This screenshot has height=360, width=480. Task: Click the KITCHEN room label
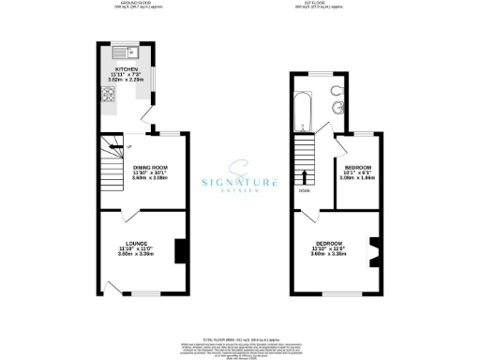coord(127,69)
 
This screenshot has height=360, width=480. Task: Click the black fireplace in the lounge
coord(180,251)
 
